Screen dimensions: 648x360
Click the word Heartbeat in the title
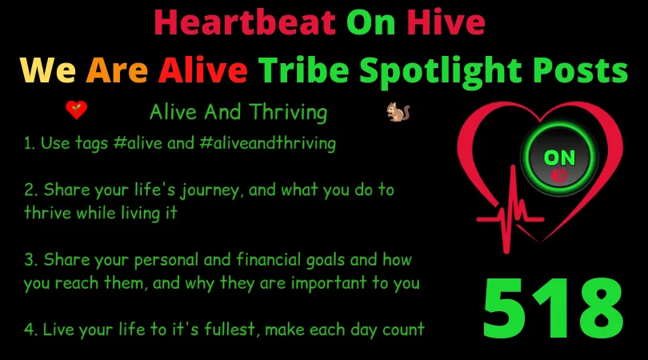coord(245,22)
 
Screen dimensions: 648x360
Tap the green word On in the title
coord(370,22)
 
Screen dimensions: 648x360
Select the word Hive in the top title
coord(446,22)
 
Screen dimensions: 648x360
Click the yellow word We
coord(48,70)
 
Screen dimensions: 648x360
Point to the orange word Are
coord(117,70)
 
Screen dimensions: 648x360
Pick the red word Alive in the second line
coord(203,70)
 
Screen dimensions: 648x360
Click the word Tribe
coord(304,70)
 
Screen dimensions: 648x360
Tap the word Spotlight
coord(441,72)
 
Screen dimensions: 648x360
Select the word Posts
coord(580,70)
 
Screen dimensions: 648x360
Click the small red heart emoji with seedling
coord(77,110)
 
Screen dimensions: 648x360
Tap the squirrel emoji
coord(398,111)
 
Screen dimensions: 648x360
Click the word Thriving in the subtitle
coord(288,113)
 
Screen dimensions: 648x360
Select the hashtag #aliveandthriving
coord(267,143)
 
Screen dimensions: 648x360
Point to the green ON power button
coord(559,158)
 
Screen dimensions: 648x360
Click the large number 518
coord(553,308)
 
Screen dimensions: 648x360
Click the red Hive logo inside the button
coord(559,176)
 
